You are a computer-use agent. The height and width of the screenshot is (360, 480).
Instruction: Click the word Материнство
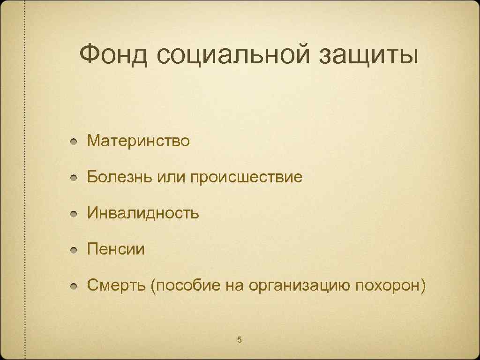138,141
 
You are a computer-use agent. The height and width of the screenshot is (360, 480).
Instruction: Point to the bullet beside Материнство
74,142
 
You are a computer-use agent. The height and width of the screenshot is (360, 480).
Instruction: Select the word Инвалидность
143,214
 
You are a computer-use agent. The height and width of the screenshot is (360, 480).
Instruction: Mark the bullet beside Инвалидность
74,214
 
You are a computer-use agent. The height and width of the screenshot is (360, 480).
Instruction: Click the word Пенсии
116,249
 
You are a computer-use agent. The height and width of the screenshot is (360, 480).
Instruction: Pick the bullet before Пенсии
74,250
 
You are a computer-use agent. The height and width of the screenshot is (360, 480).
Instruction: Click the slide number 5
239,339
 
